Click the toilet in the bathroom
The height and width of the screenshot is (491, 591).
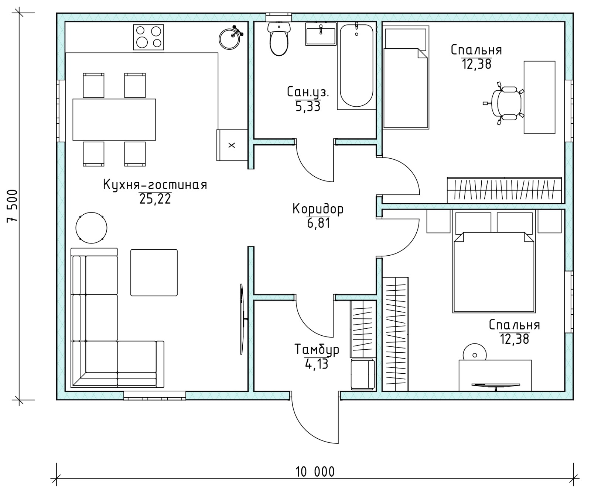[x=279, y=39]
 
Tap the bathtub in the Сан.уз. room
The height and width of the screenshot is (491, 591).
[x=356, y=66]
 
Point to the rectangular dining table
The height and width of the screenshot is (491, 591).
[x=114, y=120]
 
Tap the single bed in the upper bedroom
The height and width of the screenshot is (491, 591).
[x=406, y=77]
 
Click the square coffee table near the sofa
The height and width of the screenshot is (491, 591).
[x=154, y=273]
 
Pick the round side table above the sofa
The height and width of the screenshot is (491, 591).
[x=91, y=228]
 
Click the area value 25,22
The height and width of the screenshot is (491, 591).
[x=155, y=199]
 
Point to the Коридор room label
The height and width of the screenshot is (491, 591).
[x=318, y=209]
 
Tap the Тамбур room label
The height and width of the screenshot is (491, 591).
[x=317, y=349]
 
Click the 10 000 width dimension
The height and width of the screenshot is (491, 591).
[x=315, y=472]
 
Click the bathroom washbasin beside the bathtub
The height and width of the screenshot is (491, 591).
[x=321, y=34]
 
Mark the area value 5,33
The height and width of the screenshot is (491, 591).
[x=308, y=107]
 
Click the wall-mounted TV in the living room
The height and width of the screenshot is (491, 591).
[x=242, y=319]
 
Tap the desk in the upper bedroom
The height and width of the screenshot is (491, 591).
[x=540, y=97]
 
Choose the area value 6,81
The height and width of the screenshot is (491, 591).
[x=318, y=223]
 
